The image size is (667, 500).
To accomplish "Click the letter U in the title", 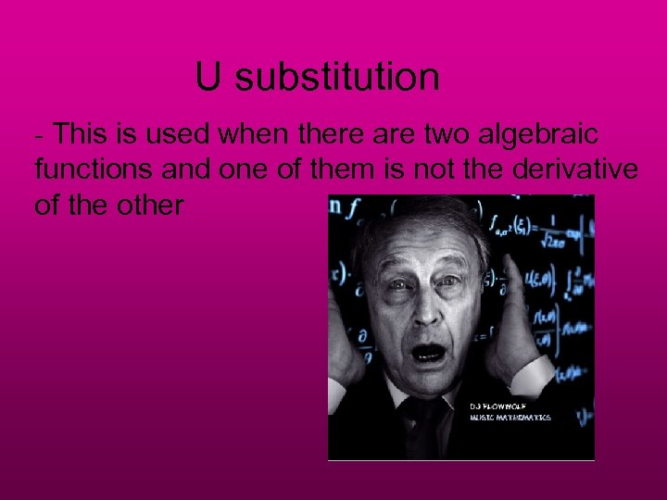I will point(208,78).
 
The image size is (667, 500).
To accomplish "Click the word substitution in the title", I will point(337,78).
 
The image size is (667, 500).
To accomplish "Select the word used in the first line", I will point(182,136).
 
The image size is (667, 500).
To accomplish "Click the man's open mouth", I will point(428,353).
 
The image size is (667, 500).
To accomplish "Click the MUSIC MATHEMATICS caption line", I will point(509,418).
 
